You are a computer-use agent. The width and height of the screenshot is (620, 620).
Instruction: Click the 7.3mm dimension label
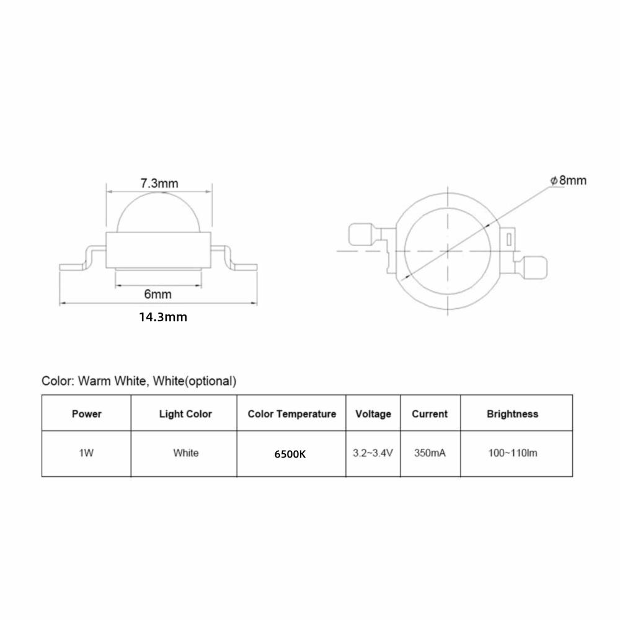coord(159,184)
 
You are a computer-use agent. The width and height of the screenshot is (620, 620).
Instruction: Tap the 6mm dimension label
coord(157,294)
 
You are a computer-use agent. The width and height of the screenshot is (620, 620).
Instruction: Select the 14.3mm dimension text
coord(163,317)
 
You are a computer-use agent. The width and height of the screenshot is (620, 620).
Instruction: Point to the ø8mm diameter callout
coord(569,180)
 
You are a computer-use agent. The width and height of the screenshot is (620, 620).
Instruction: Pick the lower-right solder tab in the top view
coord(536,267)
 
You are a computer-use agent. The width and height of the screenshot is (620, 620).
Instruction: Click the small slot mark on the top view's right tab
coord(509,239)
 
